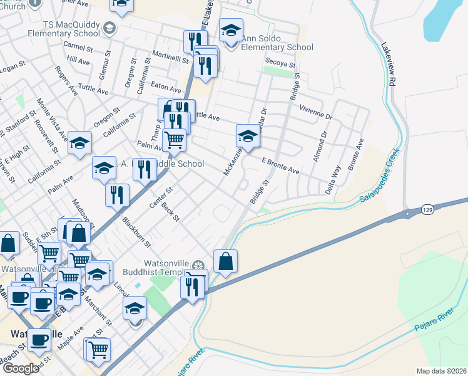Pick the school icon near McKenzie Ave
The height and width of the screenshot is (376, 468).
(248, 135)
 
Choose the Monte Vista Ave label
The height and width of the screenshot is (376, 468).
(51, 118)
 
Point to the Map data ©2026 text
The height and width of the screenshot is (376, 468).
(441, 371)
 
